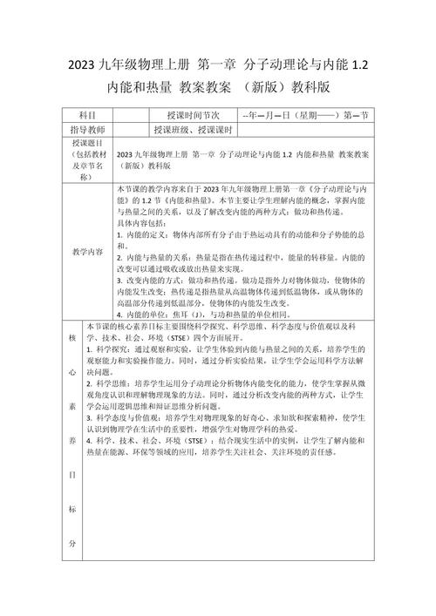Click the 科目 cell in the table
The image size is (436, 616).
point(87,115)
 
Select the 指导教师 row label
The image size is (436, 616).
point(87,130)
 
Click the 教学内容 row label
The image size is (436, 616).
point(87,251)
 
